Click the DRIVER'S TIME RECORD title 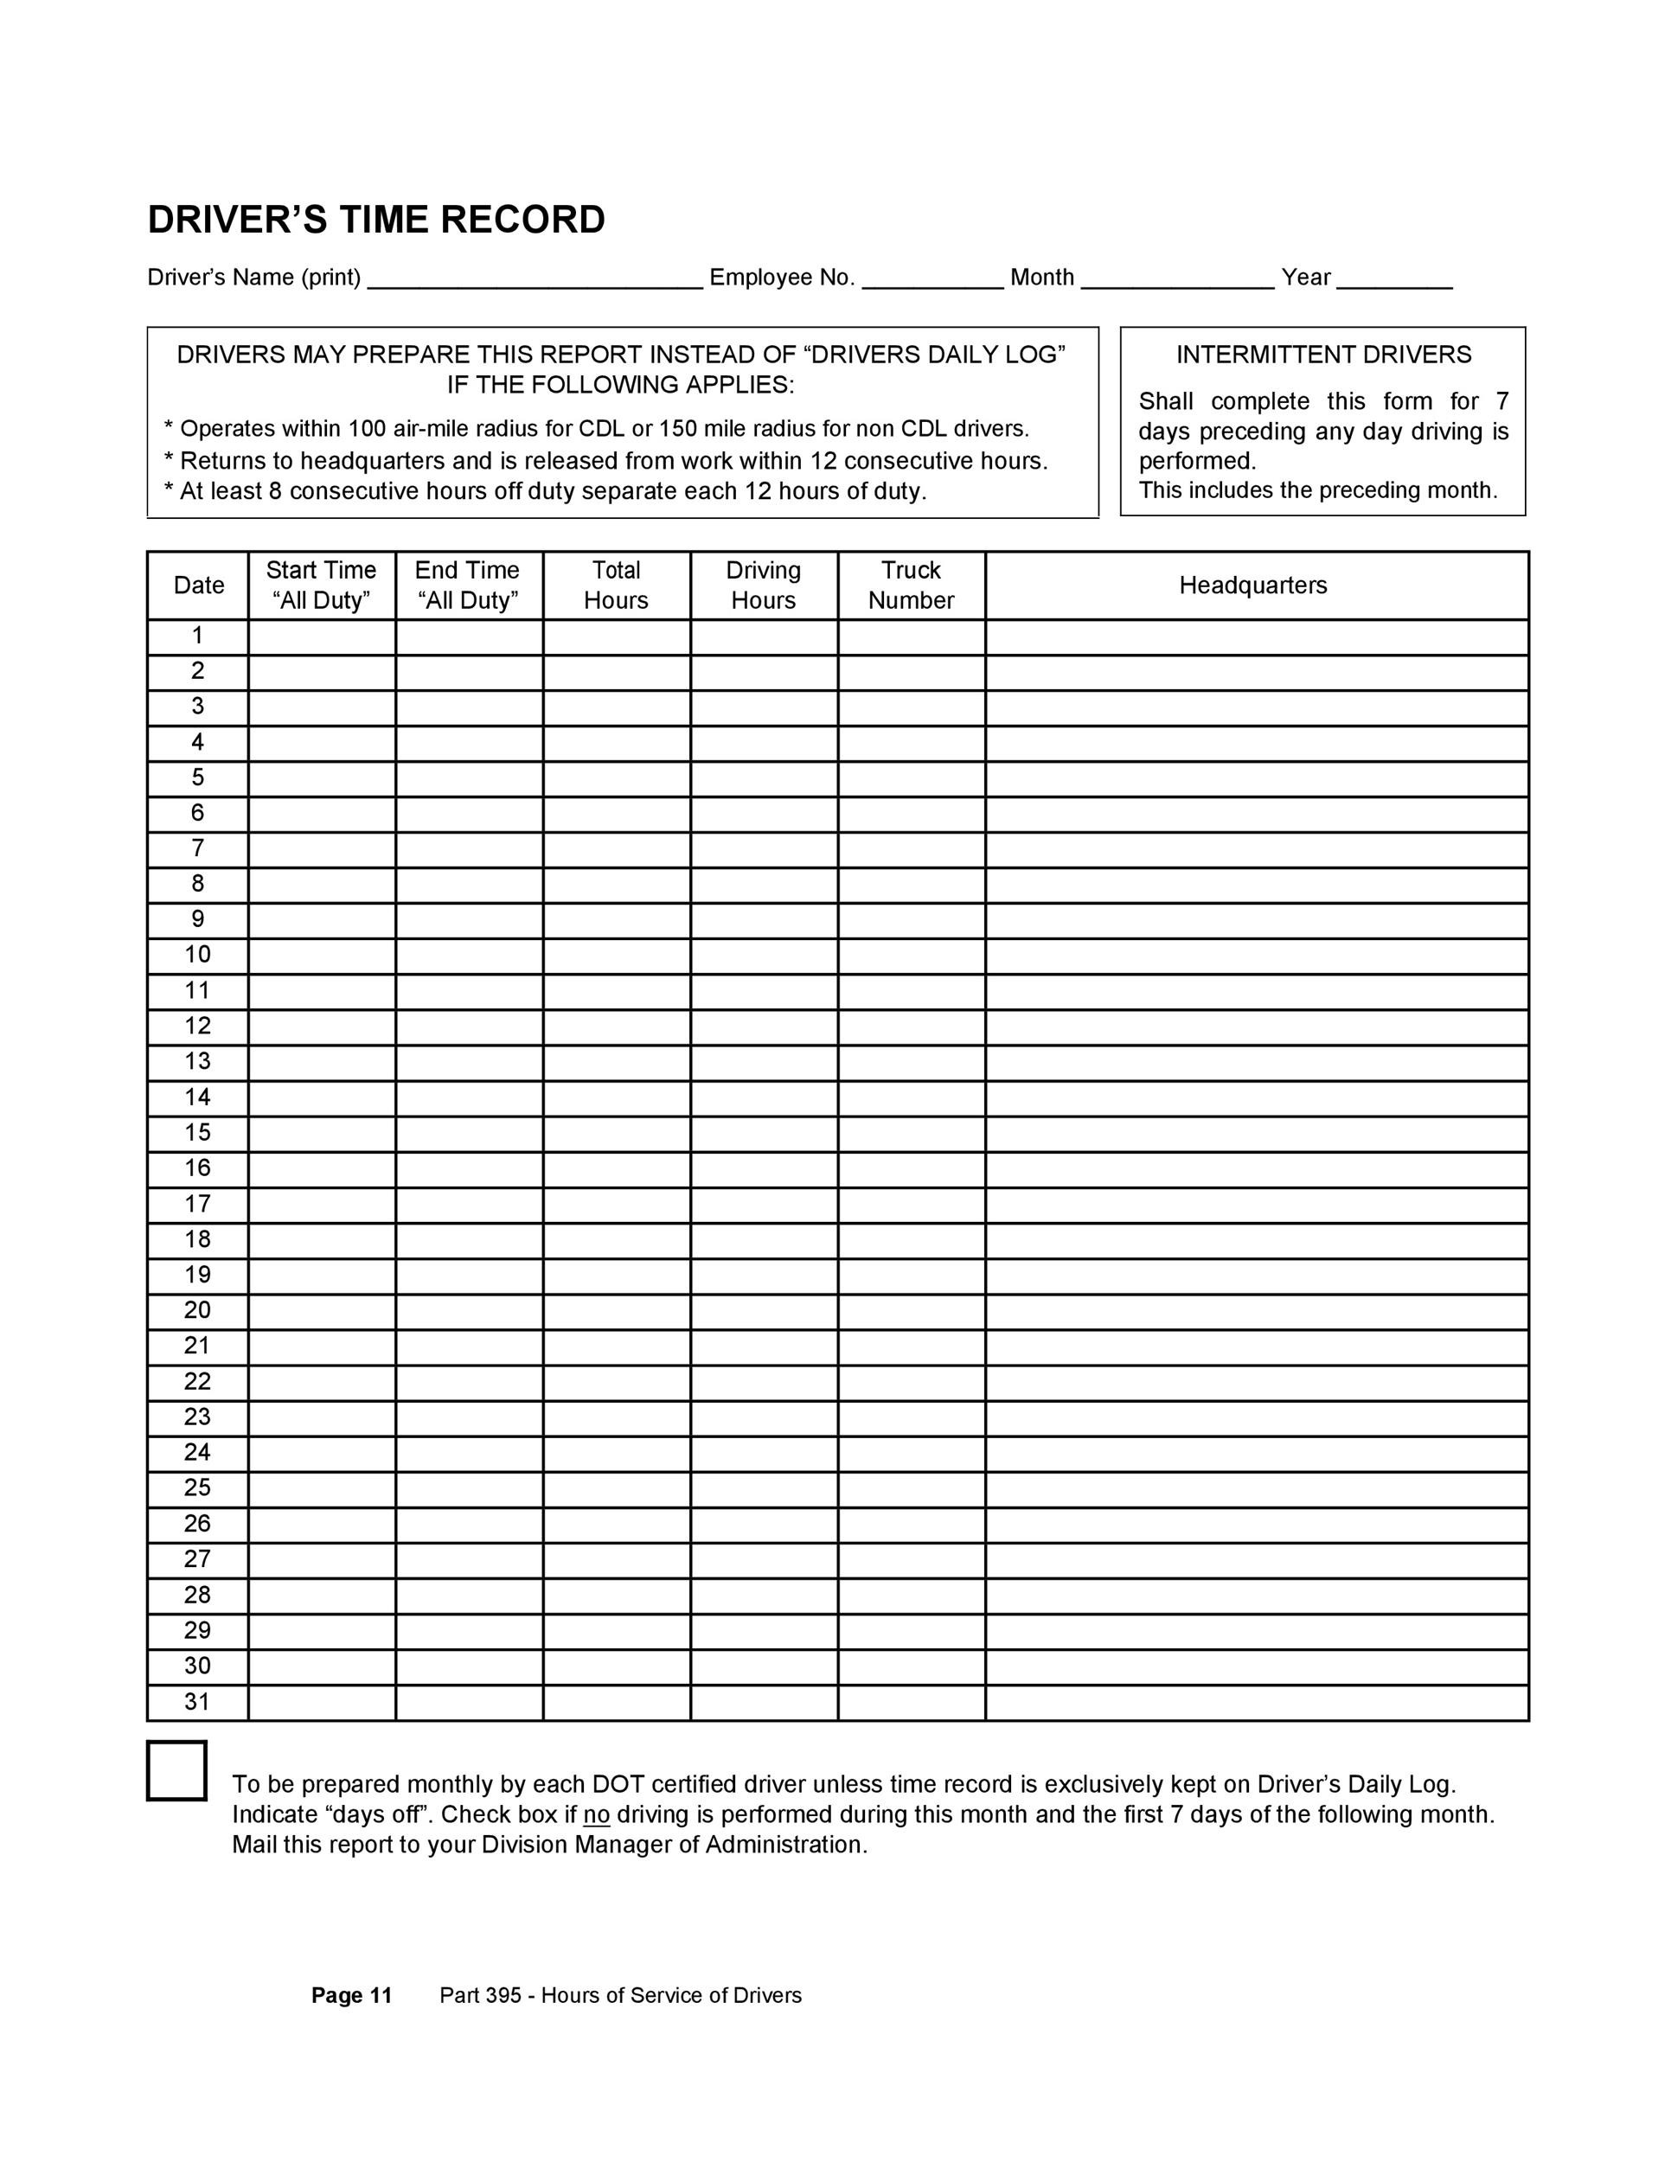click(x=376, y=220)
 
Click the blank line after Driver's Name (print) click(x=535, y=279)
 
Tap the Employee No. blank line click(x=932, y=279)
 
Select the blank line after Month click(x=1178, y=279)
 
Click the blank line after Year click(x=1394, y=279)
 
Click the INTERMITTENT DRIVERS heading click(x=1323, y=355)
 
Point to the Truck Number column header click(x=911, y=585)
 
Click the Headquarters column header click(x=1252, y=585)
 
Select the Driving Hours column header click(x=763, y=585)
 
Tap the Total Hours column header click(x=616, y=585)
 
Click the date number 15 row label click(x=197, y=1133)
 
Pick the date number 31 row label click(x=197, y=1702)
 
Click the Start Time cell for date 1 click(x=322, y=636)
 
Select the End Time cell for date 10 click(x=470, y=956)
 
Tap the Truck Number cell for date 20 click(x=911, y=1311)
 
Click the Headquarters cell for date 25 click(x=1258, y=1487)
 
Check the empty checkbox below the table click(x=177, y=1771)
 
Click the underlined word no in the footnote click(x=596, y=1814)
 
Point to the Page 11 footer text click(x=351, y=1996)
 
